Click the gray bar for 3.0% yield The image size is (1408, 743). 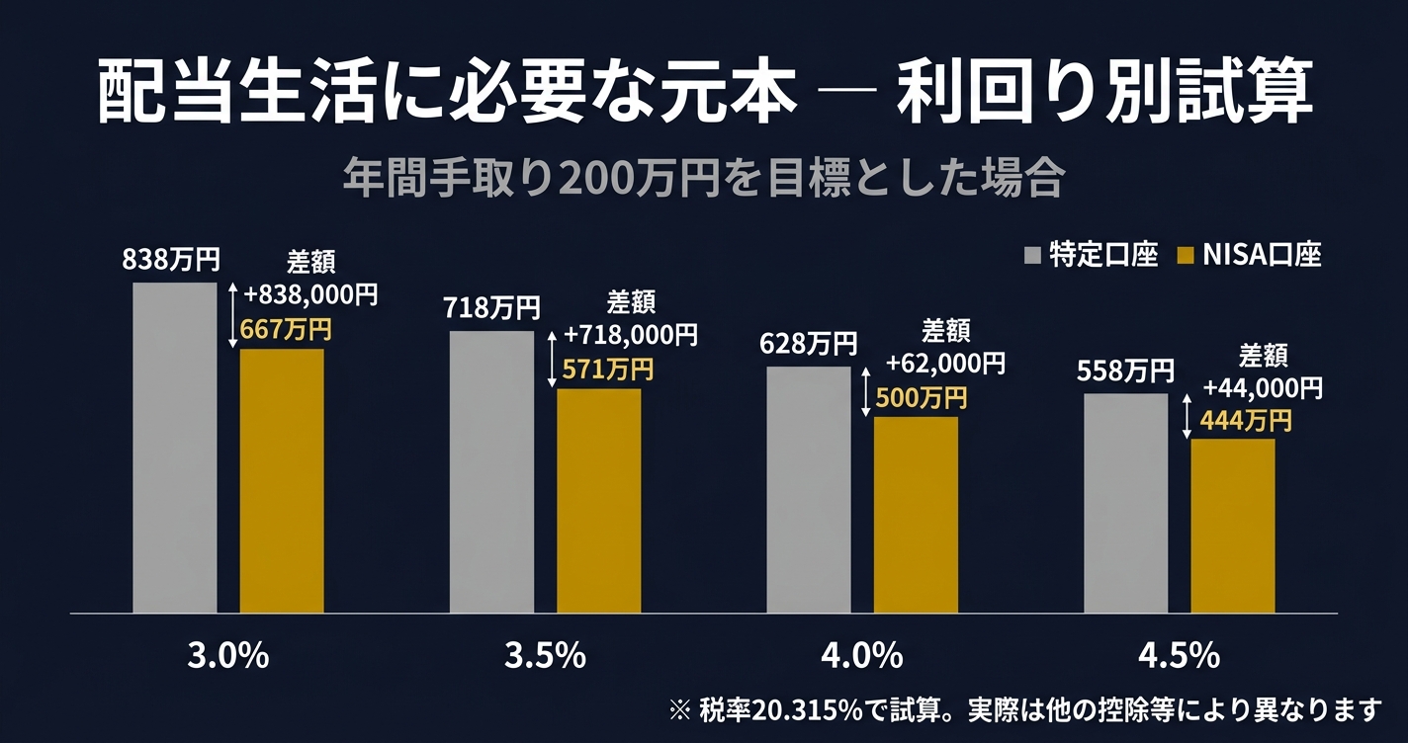point(175,448)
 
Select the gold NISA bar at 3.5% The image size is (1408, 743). point(598,501)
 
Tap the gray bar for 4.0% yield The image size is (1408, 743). point(808,490)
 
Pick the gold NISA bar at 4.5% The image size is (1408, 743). point(1232,526)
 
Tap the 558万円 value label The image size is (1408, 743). point(1125,371)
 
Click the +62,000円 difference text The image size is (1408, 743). point(945,363)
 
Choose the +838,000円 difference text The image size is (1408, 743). point(310,293)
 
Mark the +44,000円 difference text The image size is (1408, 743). point(1263,386)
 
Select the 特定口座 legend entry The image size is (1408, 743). point(1092,256)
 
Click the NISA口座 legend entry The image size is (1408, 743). point(1250,256)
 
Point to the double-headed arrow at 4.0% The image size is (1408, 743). point(866,392)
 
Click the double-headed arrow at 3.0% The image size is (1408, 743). point(233,314)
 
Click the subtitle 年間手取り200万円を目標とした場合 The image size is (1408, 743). point(703,180)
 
